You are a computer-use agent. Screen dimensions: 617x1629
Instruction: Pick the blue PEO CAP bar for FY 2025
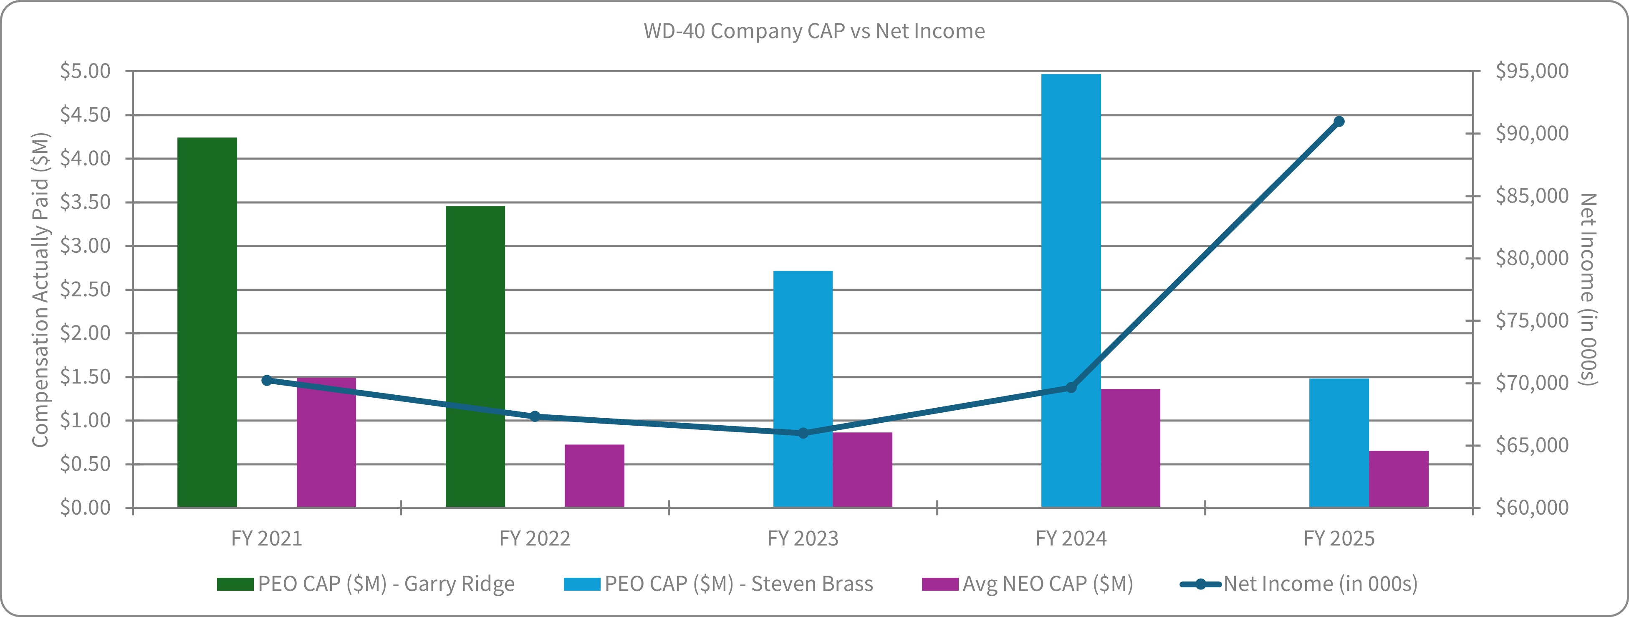[x=1339, y=443]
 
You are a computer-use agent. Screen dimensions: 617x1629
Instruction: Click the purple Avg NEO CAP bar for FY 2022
[x=594, y=476]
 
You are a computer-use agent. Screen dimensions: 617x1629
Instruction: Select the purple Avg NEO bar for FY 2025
[x=1399, y=479]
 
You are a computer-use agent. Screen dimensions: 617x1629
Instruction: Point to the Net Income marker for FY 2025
[x=1339, y=122]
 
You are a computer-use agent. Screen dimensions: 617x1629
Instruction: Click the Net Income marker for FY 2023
[x=803, y=433]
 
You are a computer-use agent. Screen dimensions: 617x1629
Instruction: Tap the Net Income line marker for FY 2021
[x=267, y=380]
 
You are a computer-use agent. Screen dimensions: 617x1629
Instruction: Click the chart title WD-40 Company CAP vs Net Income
[x=814, y=31]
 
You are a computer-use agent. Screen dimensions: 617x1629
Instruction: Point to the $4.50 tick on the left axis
[x=86, y=114]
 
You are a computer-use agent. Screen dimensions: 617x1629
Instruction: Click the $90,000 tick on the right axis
[x=1532, y=133]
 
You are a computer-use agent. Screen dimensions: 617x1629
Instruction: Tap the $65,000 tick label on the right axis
[x=1532, y=445]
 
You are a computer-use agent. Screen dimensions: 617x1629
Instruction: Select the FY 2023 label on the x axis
[x=803, y=538]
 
